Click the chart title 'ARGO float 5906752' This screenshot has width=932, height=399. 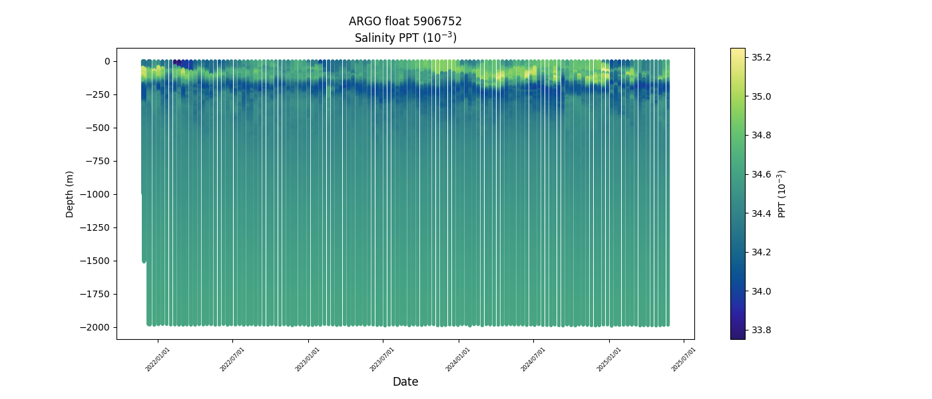[405, 21]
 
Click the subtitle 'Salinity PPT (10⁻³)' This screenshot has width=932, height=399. [405, 38]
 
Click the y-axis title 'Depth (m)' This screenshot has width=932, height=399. [69, 194]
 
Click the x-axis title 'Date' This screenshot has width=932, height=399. [405, 382]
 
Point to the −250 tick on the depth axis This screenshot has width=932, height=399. [99, 94]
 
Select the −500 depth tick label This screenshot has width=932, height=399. [99, 128]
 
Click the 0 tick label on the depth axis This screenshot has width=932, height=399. [107, 61]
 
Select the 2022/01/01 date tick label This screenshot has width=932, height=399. [158, 359]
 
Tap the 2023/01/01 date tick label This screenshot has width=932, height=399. [308, 359]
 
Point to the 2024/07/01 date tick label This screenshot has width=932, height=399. [534, 359]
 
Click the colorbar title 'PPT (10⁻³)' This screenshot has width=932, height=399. [782, 194]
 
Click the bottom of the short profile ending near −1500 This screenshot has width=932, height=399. [144, 261]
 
